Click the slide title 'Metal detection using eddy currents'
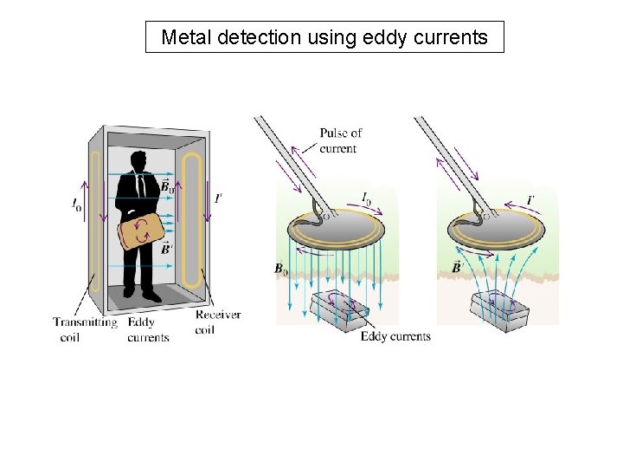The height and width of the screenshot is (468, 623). click(x=324, y=37)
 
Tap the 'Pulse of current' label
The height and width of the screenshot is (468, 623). click(x=340, y=140)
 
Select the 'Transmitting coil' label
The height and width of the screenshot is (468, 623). click(x=84, y=329)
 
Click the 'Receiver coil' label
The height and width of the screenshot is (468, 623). click(x=217, y=322)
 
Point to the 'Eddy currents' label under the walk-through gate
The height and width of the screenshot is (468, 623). click(x=148, y=329)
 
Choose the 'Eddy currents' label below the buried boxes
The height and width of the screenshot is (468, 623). click(x=395, y=335)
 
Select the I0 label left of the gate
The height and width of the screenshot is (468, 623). click(x=77, y=205)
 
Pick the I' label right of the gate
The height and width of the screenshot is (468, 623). click(x=218, y=198)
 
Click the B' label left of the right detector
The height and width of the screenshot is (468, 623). click(x=457, y=266)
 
